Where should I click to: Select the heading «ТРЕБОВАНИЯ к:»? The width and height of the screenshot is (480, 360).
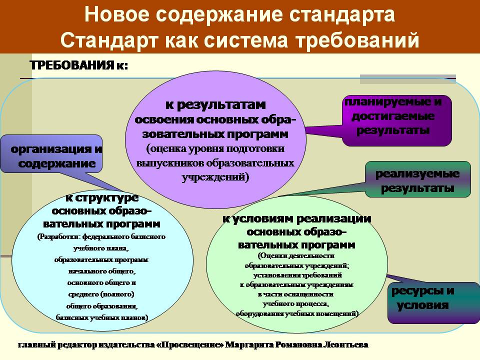coord(79,65)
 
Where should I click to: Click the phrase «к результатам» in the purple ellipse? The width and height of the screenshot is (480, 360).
coord(215,104)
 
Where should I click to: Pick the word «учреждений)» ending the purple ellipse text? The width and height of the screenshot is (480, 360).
coord(215,177)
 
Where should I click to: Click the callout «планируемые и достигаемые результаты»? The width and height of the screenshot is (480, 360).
coord(396,120)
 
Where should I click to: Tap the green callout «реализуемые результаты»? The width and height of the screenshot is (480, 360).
coord(418,179)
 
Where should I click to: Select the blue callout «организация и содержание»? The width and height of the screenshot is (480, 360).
coord(51,154)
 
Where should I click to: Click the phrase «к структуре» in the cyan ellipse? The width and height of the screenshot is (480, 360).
coord(102,198)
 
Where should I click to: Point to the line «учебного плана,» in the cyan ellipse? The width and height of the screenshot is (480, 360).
coord(101,248)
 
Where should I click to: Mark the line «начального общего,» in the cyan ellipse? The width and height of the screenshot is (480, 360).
coord(101,271)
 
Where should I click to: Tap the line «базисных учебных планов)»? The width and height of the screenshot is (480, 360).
coord(102,317)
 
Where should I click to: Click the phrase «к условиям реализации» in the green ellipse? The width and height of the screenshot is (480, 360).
coord(296,219)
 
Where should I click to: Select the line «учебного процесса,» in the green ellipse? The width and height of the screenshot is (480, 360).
coord(295,304)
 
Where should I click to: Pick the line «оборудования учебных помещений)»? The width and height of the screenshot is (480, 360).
coord(297,314)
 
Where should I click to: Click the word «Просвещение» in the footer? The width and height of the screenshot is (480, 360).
coord(190,345)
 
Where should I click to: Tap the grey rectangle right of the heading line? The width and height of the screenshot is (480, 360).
coord(408,79)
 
